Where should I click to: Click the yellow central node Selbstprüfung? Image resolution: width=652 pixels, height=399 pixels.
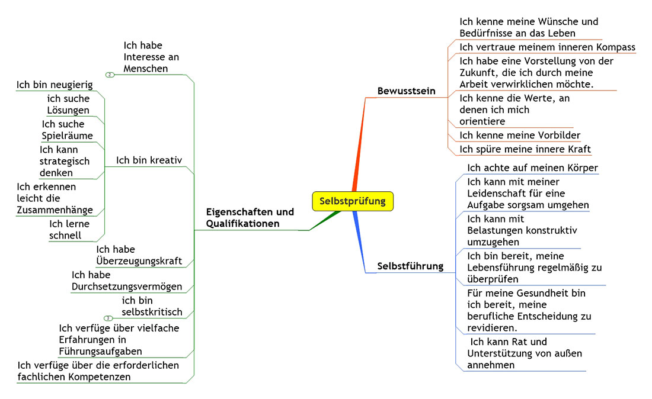(x=353, y=201)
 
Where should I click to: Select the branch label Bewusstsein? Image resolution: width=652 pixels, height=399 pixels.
(x=406, y=91)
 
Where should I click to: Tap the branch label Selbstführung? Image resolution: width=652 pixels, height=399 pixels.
(x=410, y=266)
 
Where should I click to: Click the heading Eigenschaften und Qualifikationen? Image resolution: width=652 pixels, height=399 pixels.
(x=250, y=217)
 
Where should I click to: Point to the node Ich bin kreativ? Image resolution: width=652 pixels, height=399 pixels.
(x=149, y=160)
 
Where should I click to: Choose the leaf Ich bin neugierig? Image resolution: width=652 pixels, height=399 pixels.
(x=55, y=85)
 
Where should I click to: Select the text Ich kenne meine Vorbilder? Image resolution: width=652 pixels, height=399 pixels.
(x=520, y=136)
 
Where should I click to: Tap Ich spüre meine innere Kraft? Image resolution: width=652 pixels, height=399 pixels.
(x=525, y=149)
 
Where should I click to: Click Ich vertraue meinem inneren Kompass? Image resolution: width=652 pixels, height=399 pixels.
(x=547, y=47)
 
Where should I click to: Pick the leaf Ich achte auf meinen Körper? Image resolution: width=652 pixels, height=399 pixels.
(x=532, y=168)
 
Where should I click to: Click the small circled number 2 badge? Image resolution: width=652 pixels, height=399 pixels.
(x=110, y=75)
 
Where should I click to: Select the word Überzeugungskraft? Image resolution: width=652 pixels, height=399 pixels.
(x=139, y=261)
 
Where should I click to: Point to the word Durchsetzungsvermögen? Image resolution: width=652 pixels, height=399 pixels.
(x=127, y=287)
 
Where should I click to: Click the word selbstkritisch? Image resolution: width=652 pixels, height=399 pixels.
(x=152, y=312)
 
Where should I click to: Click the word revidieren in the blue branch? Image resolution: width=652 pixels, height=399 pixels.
(x=491, y=328)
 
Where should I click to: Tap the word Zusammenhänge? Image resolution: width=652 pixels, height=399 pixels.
(x=55, y=210)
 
